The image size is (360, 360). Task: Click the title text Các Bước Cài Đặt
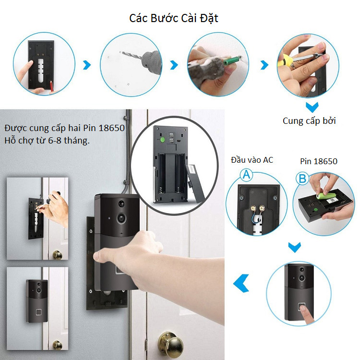pyautogui.click(x=174, y=18)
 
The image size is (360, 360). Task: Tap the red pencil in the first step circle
pyautogui.click(x=51, y=86)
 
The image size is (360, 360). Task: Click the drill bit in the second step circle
pyautogui.click(x=132, y=55)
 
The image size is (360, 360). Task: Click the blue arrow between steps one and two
pyautogui.click(x=87, y=65)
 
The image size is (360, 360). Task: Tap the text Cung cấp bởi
pyautogui.click(x=309, y=121)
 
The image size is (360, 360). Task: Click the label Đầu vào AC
pyautogui.click(x=252, y=160)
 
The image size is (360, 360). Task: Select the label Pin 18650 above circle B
pyautogui.click(x=319, y=161)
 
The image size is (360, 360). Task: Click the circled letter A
pyautogui.click(x=246, y=175)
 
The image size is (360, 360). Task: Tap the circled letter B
pyautogui.click(x=302, y=179)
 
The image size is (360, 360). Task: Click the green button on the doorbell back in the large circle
pyautogui.click(x=163, y=140)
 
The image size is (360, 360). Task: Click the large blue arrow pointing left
pyautogui.click(x=241, y=283)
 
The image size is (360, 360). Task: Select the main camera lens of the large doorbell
pyautogui.click(x=121, y=217)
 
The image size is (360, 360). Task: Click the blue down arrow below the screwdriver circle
pyautogui.click(x=312, y=107)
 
